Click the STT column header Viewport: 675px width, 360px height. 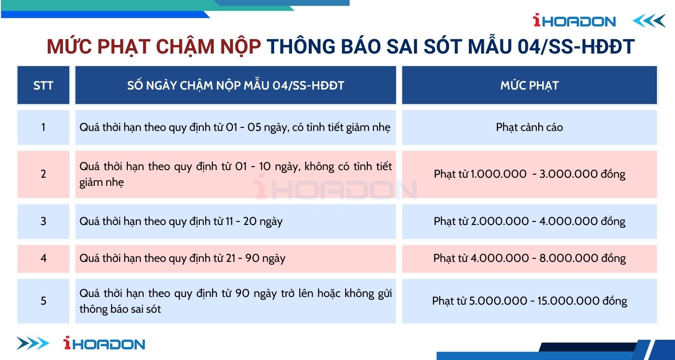[x=43, y=85]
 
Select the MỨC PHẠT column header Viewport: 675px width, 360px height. [x=530, y=85]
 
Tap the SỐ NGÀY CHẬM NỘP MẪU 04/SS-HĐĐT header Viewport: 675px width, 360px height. [x=236, y=85]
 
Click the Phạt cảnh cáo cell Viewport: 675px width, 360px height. [x=530, y=127]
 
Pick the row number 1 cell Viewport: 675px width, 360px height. [x=43, y=127]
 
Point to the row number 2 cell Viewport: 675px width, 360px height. [x=43, y=174]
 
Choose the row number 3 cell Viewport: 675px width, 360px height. [x=43, y=221]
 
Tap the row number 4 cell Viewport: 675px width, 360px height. [x=43, y=258]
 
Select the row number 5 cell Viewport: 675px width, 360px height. [x=43, y=301]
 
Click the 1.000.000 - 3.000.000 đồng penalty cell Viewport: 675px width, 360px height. [x=530, y=174]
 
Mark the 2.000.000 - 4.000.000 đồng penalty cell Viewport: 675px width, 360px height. [x=530, y=221]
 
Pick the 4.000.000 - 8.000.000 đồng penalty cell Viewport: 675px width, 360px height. [x=530, y=258]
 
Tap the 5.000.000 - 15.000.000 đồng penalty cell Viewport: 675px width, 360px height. [x=530, y=301]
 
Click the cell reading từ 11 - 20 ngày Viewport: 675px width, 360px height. [x=236, y=221]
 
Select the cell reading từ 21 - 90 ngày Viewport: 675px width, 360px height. [x=236, y=258]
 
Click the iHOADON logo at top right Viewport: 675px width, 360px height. [x=574, y=21]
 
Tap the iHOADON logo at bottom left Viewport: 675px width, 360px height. [x=104, y=343]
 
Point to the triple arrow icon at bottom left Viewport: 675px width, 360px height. [x=33, y=343]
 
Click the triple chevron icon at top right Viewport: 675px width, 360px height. [x=649, y=21]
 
